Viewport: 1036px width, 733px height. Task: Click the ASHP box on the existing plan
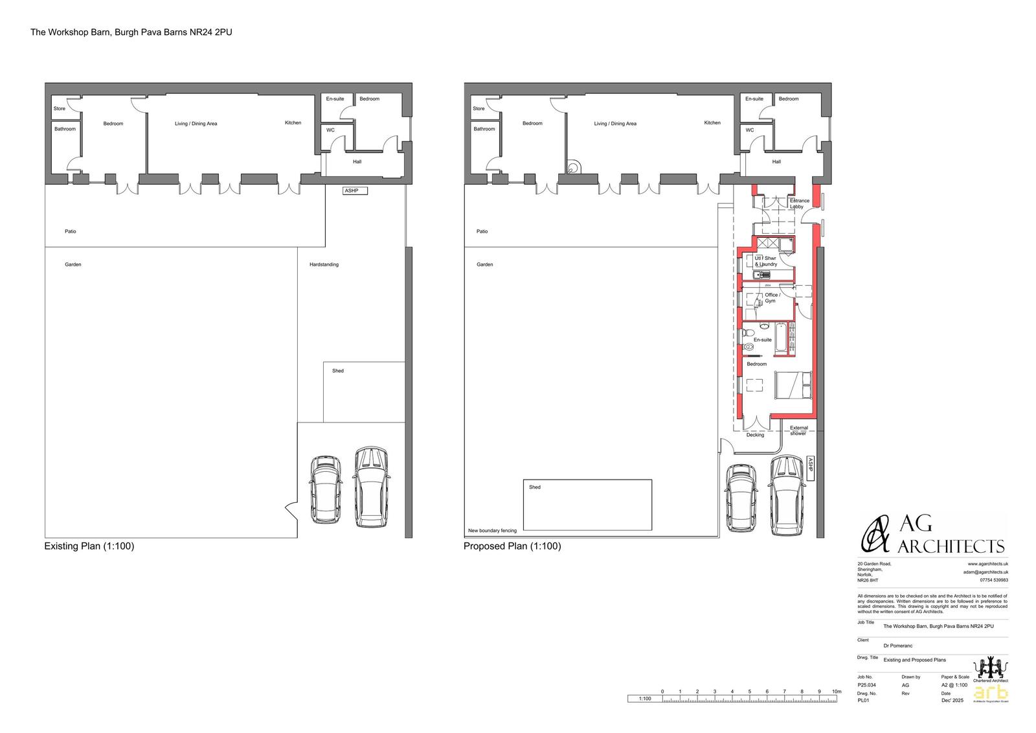tap(355, 191)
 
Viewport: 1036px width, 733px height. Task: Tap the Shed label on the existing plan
tap(337, 371)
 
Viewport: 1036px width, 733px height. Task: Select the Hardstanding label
tap(324, 264)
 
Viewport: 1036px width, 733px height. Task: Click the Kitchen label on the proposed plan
tap(712, 122)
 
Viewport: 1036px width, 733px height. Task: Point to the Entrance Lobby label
tap(799, 204)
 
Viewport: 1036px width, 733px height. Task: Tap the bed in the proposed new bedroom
tap(793, 385)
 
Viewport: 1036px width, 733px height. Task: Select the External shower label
tap(798, 430)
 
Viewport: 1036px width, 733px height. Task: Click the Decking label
tap(755, 435)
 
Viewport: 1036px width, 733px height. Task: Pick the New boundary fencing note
tap(492, 531)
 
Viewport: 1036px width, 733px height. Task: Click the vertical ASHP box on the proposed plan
tap(809, 468)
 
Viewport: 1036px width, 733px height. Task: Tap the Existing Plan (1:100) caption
tap(89, 546)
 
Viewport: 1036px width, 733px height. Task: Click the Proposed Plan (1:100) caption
tap(512, 546)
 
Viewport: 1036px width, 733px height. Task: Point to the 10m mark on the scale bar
tap(837, 692)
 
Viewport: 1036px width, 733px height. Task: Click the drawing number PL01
tap(863, 701)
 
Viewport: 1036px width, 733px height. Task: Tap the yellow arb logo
tap(991, 692)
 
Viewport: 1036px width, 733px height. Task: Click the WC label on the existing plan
tap(330, 130)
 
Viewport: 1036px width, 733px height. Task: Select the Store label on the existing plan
tap(59, 108)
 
